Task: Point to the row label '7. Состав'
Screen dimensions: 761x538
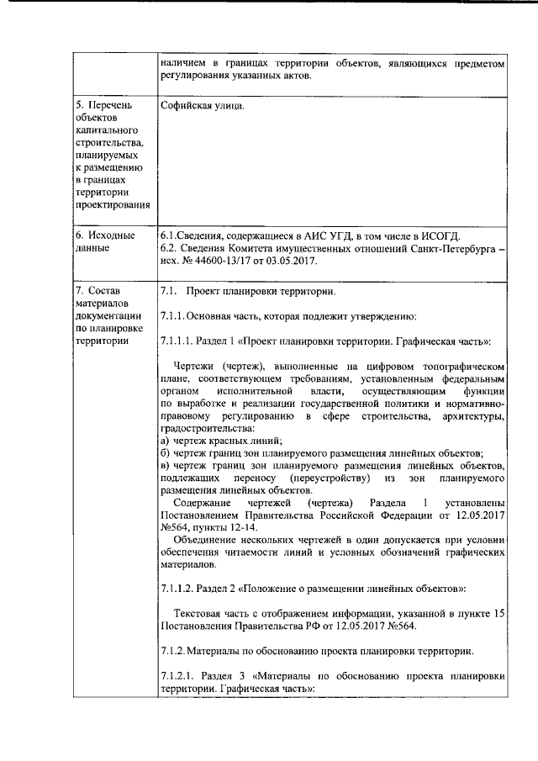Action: point(99,291)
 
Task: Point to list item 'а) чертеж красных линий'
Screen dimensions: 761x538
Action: point(220,440)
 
